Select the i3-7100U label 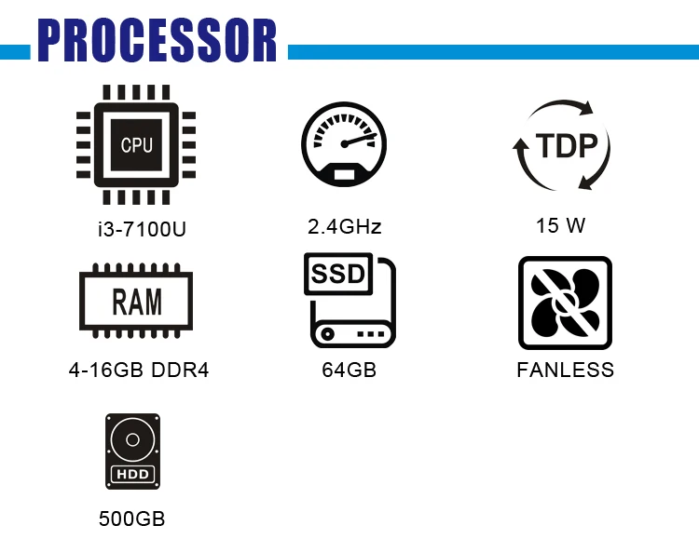tap(137, 228)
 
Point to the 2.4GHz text tap(345, 226)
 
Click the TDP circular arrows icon tap(561, 144)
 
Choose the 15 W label tap(561, 225)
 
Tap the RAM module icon tap(137, 303)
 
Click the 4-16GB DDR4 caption tap(139, 371)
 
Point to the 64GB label tap(349, 371)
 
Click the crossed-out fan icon tap(565, 303)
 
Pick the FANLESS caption tap(565, 371)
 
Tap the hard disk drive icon tap(133, 452)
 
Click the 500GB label tap(132, 519)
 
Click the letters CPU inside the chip tap(137, 145)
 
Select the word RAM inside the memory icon tap(137, 303)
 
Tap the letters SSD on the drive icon tap(337, 275)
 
